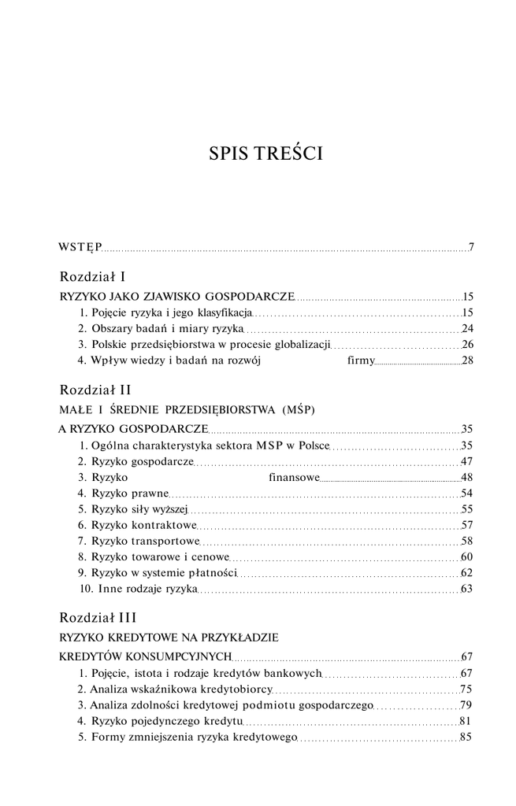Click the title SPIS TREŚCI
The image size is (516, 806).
pyautogui.click(x=265, y=153)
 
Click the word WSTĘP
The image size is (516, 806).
pyautogui.click(x=80, y=248)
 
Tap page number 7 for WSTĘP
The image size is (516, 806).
pyautogui.click(x=471, y=248)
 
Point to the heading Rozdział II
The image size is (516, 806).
pyautogui.click(x=95, y=390)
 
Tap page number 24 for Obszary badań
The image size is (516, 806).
pyautogui.click(x=466, y=328)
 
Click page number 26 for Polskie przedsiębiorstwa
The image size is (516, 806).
pyautogui.click(x=466, y=345)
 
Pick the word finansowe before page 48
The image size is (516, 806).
pyautogui.click(x=293, y=477)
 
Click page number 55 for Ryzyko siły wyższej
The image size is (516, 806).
pyautogui.click(x=466, y=509)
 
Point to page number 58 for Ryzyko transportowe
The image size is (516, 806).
pyautogui.click(x=466, y=541)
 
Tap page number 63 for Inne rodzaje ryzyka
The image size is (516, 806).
pyautogui.click(x=466, y=588)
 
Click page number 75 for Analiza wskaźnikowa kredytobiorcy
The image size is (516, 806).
pyautogui.click(x=466, y=689)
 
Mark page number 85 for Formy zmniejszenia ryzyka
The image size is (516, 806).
pyautogui.click(x=466, y=738)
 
